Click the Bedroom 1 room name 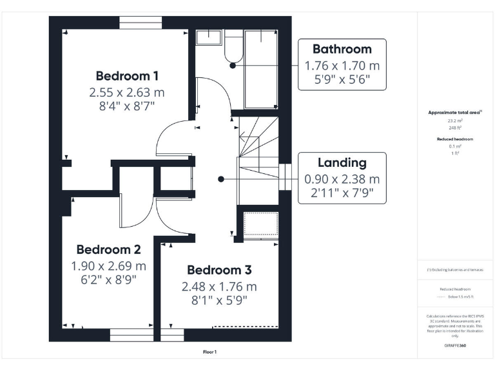(127, 75)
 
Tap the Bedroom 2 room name (108, 249)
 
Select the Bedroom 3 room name (219, 270)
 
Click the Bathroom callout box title (342, 49)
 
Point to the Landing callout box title (342, 163)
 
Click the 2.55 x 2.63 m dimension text (127, 92)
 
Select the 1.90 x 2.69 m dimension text (108, 265)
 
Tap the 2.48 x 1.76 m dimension (219, 286)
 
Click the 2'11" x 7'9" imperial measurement (342, 193)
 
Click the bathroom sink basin (208, 37)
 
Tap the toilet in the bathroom (232, 49)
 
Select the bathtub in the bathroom (261, 68)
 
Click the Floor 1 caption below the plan (209, 352)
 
